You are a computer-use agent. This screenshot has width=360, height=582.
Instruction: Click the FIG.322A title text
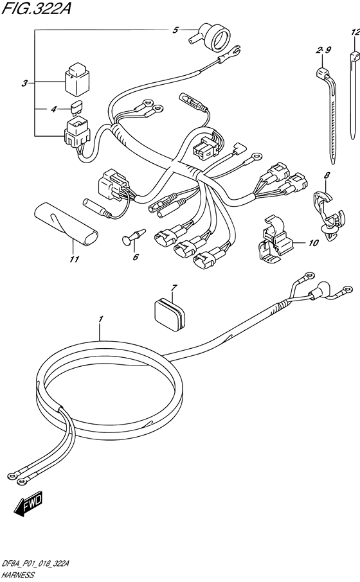point(36,9)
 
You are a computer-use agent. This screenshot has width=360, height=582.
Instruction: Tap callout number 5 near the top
point(175,30)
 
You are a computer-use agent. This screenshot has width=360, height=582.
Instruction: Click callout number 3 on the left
point(24,83)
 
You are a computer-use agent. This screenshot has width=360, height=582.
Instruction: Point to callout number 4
point(53,109)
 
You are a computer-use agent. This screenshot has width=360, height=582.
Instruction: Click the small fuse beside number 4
point(76,108)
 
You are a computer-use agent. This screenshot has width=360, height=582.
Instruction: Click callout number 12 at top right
point(355,33)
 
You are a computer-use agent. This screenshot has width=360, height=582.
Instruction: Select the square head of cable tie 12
point(355,58)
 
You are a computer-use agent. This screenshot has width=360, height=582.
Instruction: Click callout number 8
point(327,175)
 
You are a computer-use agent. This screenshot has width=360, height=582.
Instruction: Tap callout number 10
point(314,243)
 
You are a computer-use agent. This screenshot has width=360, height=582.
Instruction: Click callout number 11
point(75,259)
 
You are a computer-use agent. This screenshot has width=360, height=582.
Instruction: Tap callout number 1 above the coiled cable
point(101,319)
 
